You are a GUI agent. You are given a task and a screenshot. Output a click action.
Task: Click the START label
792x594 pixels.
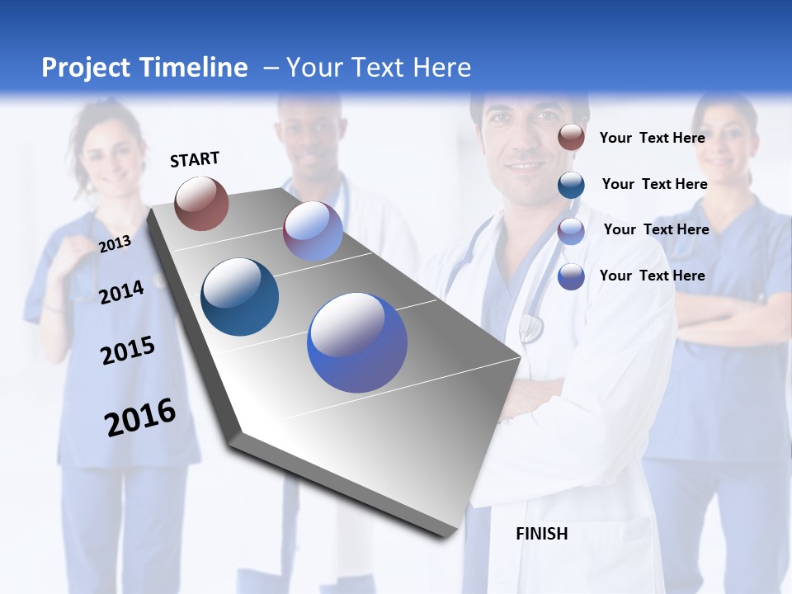coord(195,158)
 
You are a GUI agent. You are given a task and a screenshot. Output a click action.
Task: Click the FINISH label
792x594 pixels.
coord(541,534)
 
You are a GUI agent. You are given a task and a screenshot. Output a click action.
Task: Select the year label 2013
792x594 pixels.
coord(115,243)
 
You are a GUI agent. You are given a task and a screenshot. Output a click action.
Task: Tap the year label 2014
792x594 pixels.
coord(121,292)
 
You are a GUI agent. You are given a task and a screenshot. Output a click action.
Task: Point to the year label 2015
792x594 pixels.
coord(128,351)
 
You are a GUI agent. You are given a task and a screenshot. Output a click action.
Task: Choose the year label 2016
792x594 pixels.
coord(140,417)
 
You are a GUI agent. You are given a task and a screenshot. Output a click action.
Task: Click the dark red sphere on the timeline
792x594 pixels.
coord(201,203)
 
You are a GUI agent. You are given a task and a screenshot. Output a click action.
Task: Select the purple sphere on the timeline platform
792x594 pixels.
coord(313,231)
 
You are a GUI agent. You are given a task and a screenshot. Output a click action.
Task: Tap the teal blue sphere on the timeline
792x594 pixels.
coord(239,297)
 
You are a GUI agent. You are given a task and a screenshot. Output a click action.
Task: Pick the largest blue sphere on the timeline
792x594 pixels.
coord(357,342)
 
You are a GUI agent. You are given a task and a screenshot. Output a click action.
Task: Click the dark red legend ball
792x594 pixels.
coord(571,138)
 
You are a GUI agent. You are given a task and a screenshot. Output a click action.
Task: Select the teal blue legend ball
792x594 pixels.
coord(571,184)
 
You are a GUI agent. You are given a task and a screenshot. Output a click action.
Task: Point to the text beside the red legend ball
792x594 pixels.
coord(652,138)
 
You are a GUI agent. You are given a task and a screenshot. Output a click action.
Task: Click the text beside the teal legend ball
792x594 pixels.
coord(654,184)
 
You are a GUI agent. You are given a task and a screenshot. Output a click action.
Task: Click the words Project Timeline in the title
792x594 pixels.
coord(144,68)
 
